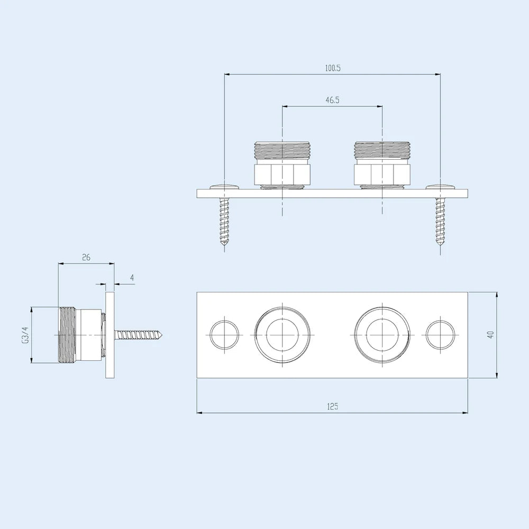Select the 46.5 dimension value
coord(332,100)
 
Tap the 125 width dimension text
coord(332,406)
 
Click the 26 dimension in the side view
coord(86,257)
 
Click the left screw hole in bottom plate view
coord(224,335)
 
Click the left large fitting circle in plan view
coord(282,335)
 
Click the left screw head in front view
coord(225,186)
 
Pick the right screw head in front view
coord(441,186)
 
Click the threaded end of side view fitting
coord(67,335)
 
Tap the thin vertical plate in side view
coord(110,335)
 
